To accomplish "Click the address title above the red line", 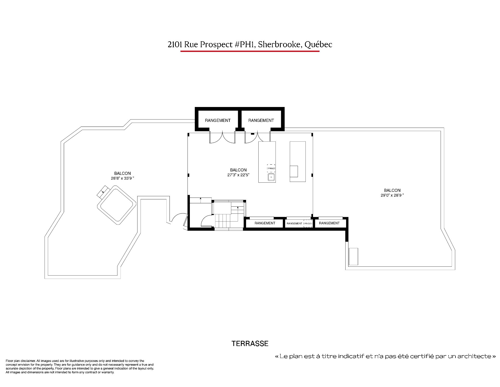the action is click(250, 45).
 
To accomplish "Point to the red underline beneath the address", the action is click(250, 51).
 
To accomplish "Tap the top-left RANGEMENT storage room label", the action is click(218, 120).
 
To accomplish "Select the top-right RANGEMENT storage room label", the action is click(261, 120).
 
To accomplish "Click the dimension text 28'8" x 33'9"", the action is click(122, 178).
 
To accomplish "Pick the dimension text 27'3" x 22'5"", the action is click(238, 175).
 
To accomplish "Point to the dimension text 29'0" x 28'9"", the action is click(392, 195).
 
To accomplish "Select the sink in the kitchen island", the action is click(271, 177).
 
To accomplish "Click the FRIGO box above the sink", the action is click(271, 168).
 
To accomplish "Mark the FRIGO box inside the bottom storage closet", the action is click(308, 223).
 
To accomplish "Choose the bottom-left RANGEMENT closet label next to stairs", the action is click(265, 223).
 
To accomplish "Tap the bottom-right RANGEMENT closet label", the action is click(329, 223).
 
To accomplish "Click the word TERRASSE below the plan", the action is click(250, 343).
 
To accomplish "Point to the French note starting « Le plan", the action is click(385, 356).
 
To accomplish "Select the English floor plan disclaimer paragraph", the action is click(80, 366).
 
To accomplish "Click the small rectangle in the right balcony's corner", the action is click(353, 256).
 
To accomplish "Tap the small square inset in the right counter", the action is click(294, 171).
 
